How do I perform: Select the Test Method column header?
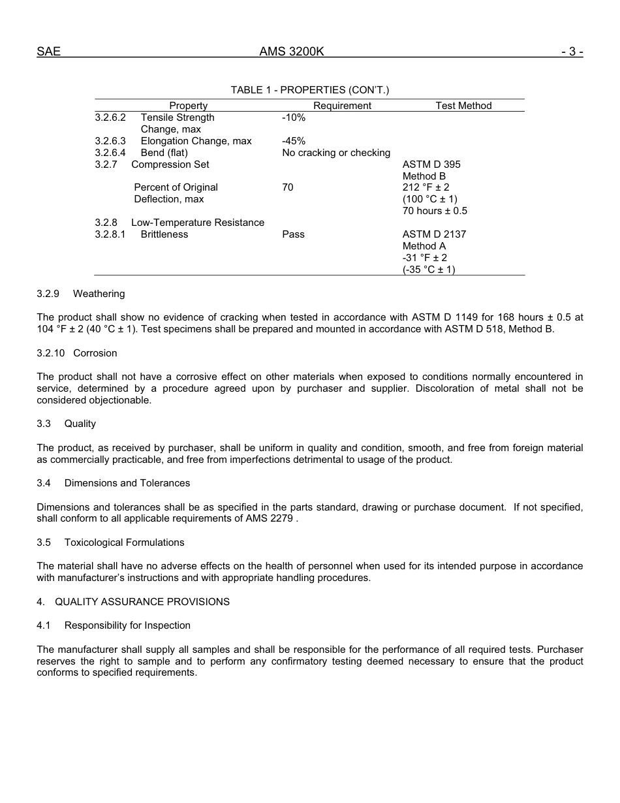point(463,106)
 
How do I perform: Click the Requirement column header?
point(342,106)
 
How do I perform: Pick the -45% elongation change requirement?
point(294,141)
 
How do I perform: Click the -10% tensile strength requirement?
point(294,118)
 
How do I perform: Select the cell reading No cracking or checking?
point(336,153)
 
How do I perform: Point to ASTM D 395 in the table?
point(431,165)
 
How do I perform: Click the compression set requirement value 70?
point(288,187)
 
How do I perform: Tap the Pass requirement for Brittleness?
point(293,234)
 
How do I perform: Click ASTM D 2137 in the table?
point(434,234)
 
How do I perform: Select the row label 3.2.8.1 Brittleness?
point(142,234)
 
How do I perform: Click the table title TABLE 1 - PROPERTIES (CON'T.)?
point(309,90)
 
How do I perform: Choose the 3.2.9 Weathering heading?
point(81,294)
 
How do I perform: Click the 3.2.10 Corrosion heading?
point(77,353)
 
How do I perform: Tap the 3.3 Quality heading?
point(67,424)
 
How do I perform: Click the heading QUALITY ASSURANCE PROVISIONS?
point(142,602)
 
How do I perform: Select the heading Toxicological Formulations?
point(124,543)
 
